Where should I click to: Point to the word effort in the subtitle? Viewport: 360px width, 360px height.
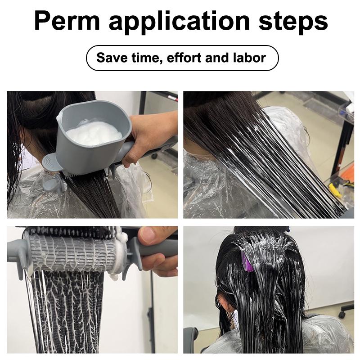[x=185, y=58]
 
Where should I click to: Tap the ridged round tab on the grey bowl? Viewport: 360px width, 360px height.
[x=53, y=161]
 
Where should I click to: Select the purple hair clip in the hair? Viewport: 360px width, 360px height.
[x=246, y=261]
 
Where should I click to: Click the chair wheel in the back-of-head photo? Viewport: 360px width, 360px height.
[x=346, y=310]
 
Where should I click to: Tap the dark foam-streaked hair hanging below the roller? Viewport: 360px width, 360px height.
[x=67, y=310]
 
